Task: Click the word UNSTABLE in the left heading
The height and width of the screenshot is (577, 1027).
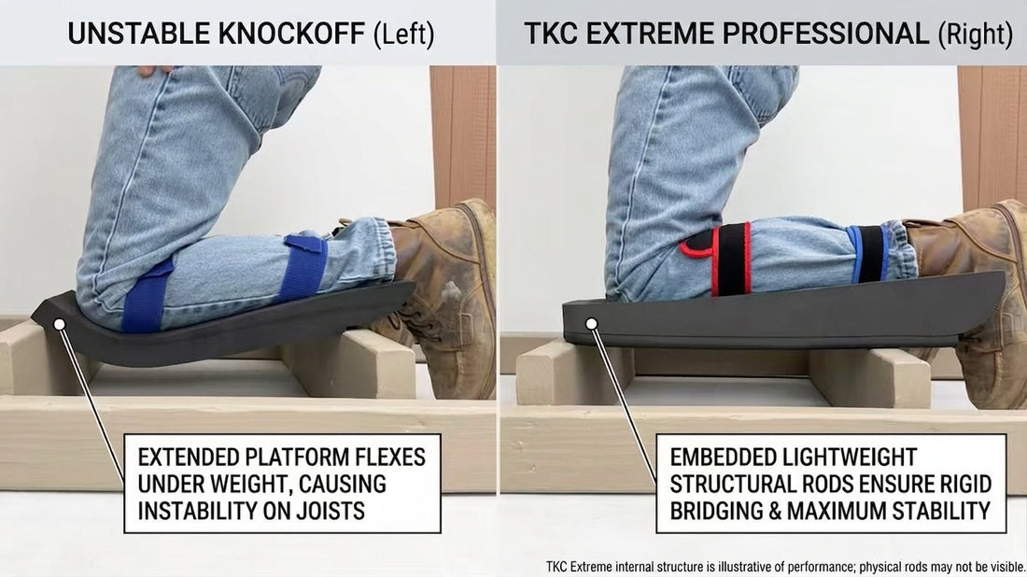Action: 139,34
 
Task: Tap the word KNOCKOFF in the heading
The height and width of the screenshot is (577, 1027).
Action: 291,34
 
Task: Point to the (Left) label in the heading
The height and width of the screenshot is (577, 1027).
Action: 403,35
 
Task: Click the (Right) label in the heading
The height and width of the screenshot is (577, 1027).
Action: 976,35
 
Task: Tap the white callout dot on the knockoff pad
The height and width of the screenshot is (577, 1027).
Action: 59,324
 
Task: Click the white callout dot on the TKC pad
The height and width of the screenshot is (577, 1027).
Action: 591,324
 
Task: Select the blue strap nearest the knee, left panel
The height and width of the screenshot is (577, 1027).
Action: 146,295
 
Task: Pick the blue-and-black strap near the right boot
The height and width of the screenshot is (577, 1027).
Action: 868,253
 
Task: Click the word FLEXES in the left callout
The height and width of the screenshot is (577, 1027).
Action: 390,457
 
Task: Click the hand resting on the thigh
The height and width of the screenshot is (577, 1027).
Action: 155,69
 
